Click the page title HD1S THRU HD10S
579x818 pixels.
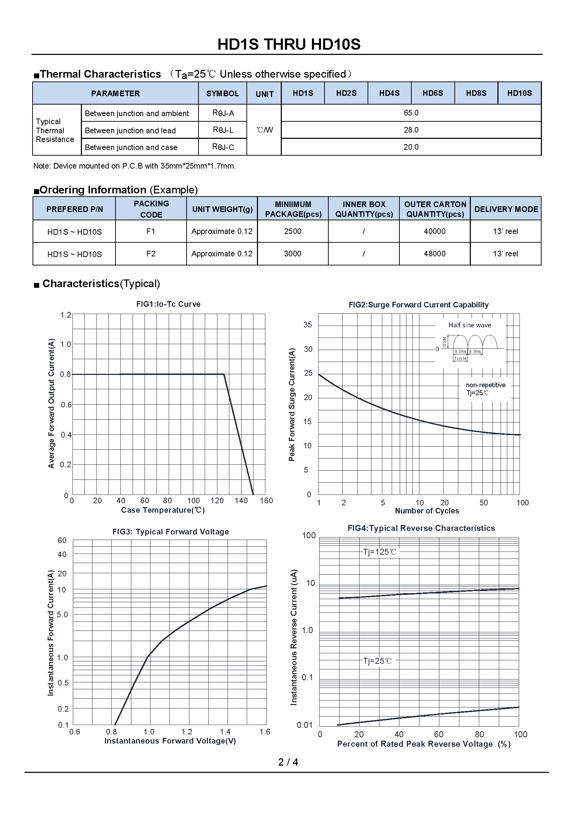click(289, 44)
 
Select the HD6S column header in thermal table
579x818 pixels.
click(432, 93)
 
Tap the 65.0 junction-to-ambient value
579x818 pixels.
click(411, 113)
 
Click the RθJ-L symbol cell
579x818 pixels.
click(223, 130)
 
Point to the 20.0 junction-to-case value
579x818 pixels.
click(411, 147)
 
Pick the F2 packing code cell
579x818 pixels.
click(151, 254)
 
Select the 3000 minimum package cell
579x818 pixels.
click(292, 254)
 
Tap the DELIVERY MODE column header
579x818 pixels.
click(506, 209)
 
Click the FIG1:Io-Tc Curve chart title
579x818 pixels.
click(168, 304)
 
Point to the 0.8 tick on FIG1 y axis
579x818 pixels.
click(65, 375)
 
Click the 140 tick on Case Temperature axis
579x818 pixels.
click(241, 500)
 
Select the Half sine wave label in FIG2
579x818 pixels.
click(469, 325)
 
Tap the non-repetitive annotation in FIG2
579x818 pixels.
click(485, 385)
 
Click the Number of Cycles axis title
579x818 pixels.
click(427, 511)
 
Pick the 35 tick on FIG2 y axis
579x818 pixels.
click(307, 325)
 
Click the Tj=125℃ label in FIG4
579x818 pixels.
click(379, 552)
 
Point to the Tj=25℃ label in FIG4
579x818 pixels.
click(377, 661)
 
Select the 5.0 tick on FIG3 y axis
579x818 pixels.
click(62, 614)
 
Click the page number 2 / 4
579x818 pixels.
click(288, 762)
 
